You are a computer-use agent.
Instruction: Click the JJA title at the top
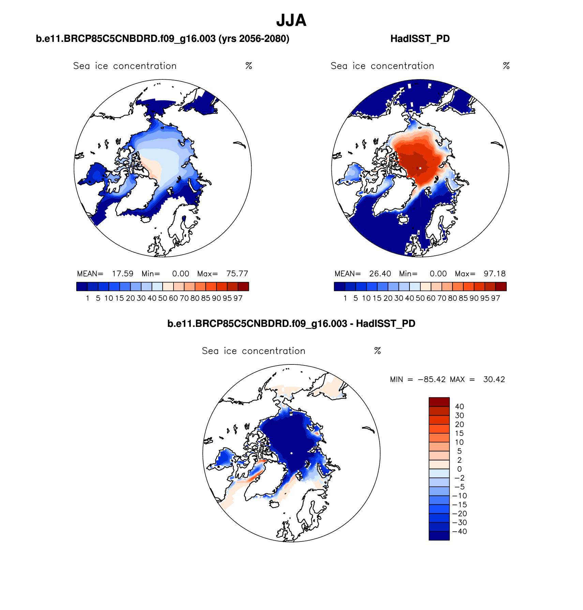pos(291,20)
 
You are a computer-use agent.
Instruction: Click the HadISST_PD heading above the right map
pos(420,39)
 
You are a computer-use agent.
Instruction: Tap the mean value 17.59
pos(122,274)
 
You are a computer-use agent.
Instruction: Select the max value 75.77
pos(237,274)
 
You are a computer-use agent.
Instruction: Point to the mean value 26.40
pos(380,274)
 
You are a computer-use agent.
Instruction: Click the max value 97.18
pos(494,274)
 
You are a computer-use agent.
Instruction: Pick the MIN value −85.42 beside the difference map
pos(432,379)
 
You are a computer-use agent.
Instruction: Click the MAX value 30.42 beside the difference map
pos(494,379)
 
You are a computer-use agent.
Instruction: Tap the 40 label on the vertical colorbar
pos(459,407)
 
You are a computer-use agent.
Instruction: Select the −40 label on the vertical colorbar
pos(459,532)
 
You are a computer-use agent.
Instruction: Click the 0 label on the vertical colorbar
pos(459,469)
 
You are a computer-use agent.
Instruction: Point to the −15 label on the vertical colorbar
pos(459,505)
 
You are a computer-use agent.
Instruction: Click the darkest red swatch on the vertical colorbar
pos(439,402)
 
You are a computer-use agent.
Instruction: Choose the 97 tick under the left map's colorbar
pos(238,298)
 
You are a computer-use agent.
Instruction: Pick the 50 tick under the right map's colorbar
pos(420,298)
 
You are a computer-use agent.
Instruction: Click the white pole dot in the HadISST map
pos(420,168)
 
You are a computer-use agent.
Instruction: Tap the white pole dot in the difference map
pos(291,453)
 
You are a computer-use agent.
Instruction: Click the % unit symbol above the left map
pos(249,66)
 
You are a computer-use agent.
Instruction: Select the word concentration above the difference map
pos(273,351)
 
